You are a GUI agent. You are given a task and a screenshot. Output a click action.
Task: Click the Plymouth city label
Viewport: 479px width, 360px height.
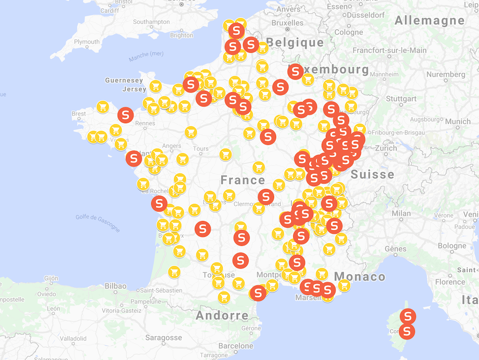click(x=87, y=42)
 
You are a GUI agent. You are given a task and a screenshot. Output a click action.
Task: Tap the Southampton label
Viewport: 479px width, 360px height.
click(x=151, y=22)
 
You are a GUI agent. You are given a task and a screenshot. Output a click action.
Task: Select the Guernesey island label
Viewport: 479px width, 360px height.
click(x=124, y=80)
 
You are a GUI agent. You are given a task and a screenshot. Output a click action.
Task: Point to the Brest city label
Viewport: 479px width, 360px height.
click(x=79, y=114)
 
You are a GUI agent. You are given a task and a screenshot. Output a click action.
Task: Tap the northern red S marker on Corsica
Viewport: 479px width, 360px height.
click(x=407, y=316)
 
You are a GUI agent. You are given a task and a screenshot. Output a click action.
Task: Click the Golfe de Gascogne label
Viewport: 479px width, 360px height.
click(x=98, y=222)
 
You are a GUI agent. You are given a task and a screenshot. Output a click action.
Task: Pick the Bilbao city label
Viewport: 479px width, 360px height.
click(x=115, y=286)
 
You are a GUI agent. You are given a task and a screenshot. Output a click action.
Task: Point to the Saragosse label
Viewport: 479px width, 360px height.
click(x=163, y=337)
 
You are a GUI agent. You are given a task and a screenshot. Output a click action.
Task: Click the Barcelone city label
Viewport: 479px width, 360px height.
click(x=235, y=346)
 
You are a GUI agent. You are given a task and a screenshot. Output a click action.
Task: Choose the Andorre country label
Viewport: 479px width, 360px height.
click(x=222, y=315)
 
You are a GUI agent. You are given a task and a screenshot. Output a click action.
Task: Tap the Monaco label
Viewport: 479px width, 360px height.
click(x=359, y=276)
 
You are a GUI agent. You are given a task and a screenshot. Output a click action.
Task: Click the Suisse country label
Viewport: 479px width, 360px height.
click(x=372, y=174)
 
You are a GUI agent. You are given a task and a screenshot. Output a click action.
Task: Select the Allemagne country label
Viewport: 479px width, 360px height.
click(x=429, y=20)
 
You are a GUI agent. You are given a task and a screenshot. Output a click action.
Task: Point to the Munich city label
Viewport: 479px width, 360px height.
click(x=458, y=121)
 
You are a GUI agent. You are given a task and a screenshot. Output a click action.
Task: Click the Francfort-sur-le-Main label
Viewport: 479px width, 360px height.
click(x=390, y=50)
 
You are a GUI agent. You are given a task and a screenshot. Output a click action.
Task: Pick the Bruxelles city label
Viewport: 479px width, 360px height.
click(x=287, y=23)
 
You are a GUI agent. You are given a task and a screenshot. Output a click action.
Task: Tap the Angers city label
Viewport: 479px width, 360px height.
click(x=172, y=146)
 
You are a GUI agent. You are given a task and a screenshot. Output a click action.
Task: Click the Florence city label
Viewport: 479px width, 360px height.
click(x=450, y=281)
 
